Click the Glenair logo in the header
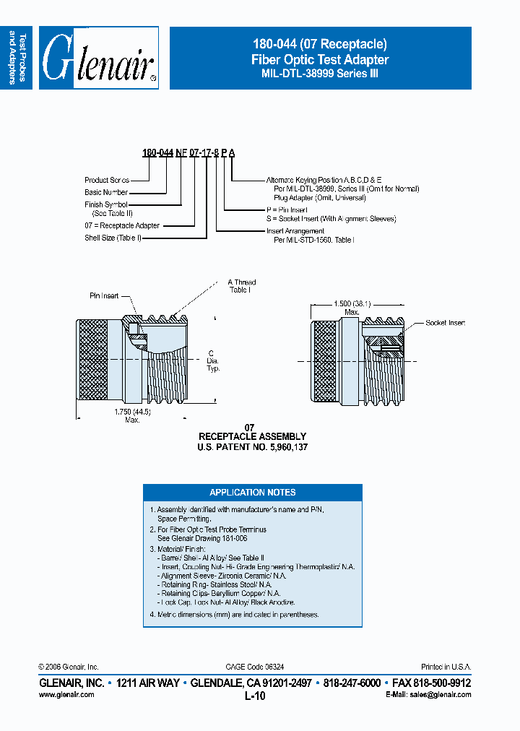click(99, 59)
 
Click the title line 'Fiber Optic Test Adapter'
click(320, 60)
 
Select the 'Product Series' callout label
click(107, 180)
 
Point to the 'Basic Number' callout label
click(106, 192)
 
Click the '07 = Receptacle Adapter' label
click(122, 225)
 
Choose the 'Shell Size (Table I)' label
click(113, 238)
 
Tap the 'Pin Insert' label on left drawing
click(104, 296)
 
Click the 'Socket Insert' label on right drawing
click(445, 323)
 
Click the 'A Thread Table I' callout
click(242, 286)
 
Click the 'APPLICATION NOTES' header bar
click(253, 493)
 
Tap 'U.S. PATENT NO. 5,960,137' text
click(252, 447)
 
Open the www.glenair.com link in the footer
click(66, 694)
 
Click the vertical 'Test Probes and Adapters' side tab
click(17, 59)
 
